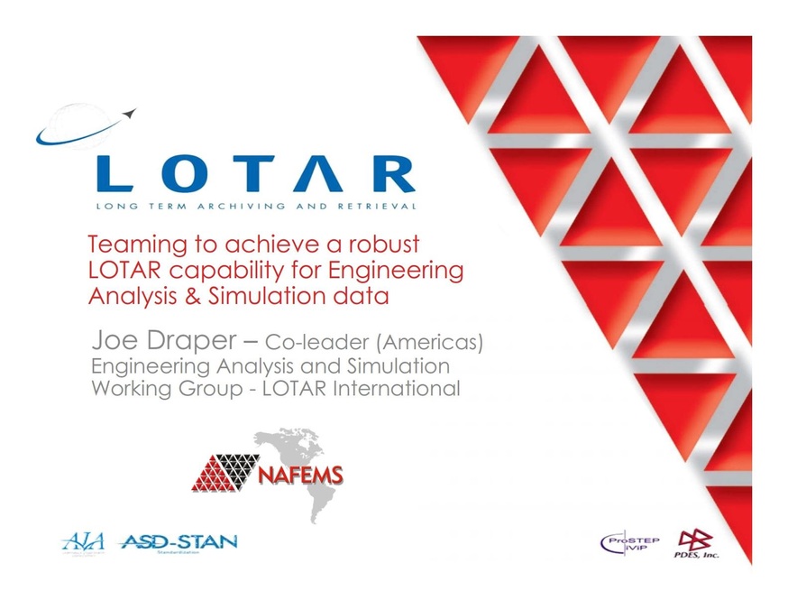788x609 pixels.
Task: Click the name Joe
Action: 117,343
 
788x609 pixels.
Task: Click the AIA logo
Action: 84,542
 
